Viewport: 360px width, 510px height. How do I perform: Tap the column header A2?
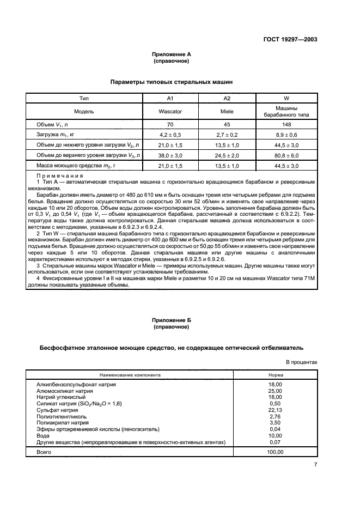point(228,98)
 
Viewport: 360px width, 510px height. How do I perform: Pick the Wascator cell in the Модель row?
point(169,111)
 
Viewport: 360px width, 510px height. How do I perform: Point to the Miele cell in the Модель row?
point(228,111)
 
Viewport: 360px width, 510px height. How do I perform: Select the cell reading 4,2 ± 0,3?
point(169,135)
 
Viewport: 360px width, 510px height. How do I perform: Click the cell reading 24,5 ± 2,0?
point(228,155)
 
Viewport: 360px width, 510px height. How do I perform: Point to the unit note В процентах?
point(302,361)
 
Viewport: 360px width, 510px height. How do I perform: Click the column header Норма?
point(275,375)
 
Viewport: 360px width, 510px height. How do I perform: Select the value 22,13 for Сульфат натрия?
point(275,410)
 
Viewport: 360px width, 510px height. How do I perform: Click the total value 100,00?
point(275,452)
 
